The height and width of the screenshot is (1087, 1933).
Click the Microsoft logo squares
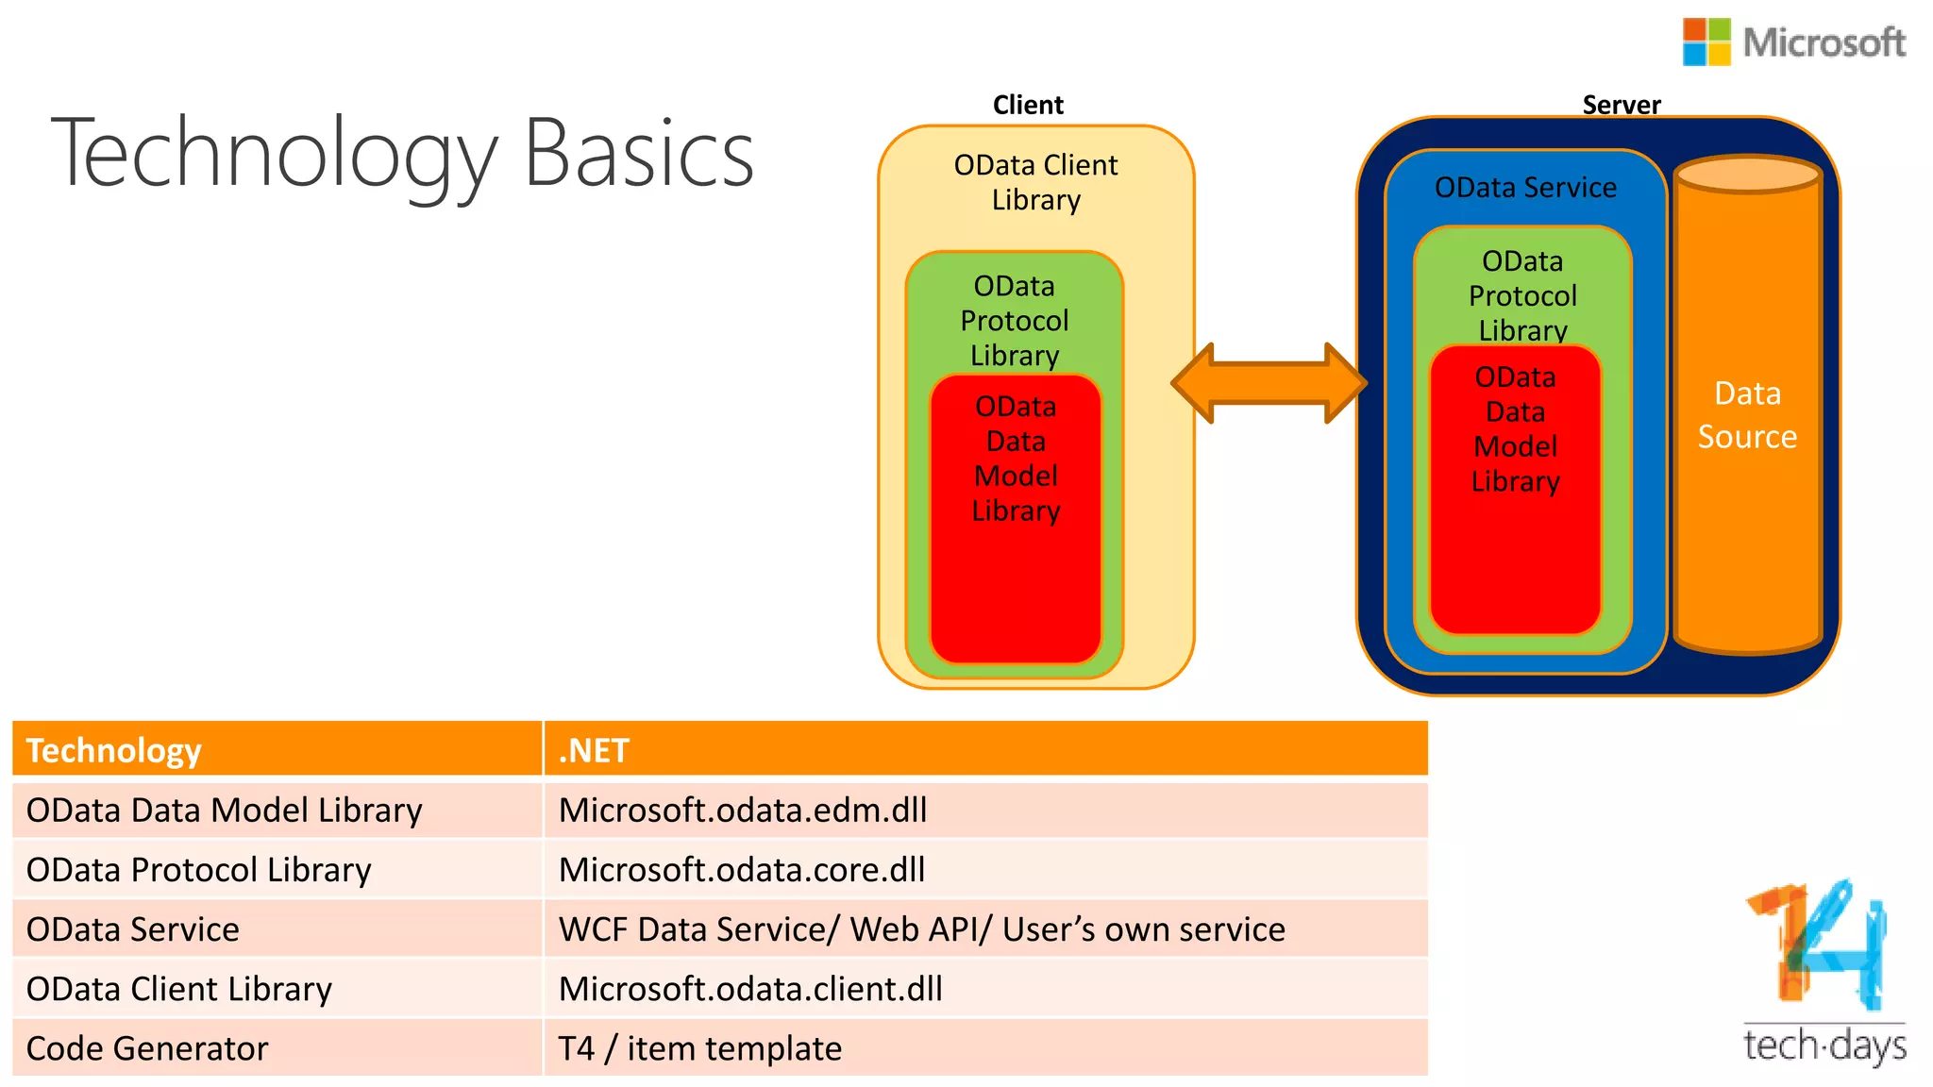point(1706,42)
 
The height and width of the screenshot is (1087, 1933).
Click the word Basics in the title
point(638,154)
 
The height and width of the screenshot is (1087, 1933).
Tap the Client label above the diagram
point(1028,105)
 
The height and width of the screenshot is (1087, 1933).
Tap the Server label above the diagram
point(1621,105)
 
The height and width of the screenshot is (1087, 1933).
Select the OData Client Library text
point(1035,182)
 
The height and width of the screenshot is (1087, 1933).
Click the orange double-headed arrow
point(1269,383)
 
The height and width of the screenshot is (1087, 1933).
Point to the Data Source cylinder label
point(1747,415)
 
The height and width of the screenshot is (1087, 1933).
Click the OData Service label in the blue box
point(1525,188)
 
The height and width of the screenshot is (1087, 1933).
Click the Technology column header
point(114,750)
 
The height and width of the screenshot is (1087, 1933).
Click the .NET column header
point(594,750)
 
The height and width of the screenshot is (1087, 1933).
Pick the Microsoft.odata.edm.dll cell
point(743,810)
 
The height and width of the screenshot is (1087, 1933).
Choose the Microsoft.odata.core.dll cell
point(742,869)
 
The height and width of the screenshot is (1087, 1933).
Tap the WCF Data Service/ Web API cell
point(921,929)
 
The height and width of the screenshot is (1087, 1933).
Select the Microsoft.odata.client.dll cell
point(750,989)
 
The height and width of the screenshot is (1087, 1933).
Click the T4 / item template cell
point(699,1048)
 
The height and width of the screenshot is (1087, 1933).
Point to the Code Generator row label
point(147,1048)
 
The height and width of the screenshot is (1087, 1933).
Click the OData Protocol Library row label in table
point(199,869)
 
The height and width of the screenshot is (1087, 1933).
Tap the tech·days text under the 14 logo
point(1824,1045)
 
